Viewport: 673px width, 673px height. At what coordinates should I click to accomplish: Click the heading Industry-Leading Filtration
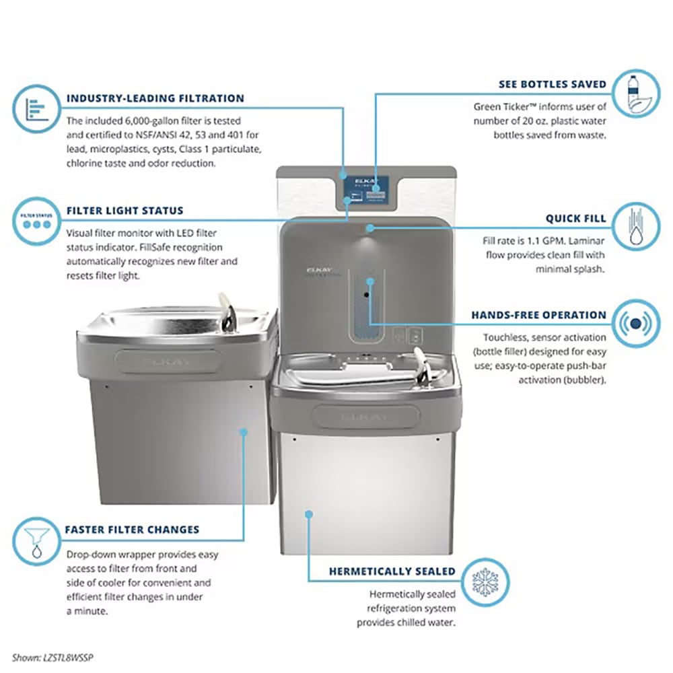pyautogui.click(x=155, y=98)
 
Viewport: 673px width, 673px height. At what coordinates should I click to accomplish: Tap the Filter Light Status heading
pyautogui.click(x=125, y=211)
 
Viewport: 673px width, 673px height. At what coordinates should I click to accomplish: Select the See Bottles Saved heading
pyautogui.click(x=553, y=84)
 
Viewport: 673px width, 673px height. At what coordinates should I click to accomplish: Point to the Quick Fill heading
pyautogui.click(x=576, y=219)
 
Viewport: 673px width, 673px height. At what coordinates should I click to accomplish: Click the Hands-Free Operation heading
pyautogui.click(x=538, y=315)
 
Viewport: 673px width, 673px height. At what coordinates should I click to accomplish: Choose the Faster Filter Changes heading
pyautogui.click(x=132, y=530)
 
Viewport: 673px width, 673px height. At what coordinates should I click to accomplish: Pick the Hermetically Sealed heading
pyautogui.click(x=392, y=571)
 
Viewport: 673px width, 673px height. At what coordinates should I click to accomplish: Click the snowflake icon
pyautogui.click(x=485, y=582)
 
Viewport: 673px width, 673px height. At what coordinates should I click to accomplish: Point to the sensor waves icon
pyautogui.click(x=637, y=323)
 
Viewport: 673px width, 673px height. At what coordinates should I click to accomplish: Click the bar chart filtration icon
pyautogui.click(x=36, y=108)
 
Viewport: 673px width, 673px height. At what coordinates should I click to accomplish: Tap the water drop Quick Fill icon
pyautogui.click(x=637, y=225)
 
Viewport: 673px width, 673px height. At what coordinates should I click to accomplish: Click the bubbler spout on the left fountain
pyautogui.click(x=227, y=311)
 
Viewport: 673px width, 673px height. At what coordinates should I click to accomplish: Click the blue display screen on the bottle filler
pyautogui.click(x=365, y=189)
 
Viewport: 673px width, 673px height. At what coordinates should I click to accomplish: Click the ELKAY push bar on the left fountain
pyautogui.click(x=168, y=361)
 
